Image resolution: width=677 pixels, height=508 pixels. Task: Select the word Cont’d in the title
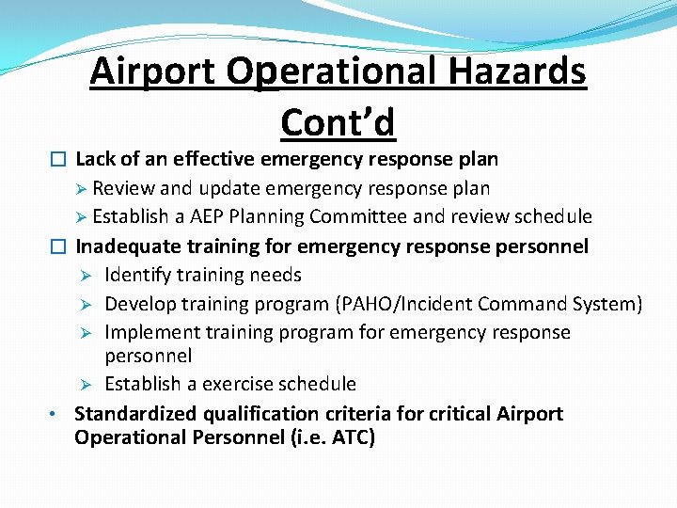click(338, 122)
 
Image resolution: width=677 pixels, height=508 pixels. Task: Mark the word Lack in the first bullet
click(96, 159)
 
